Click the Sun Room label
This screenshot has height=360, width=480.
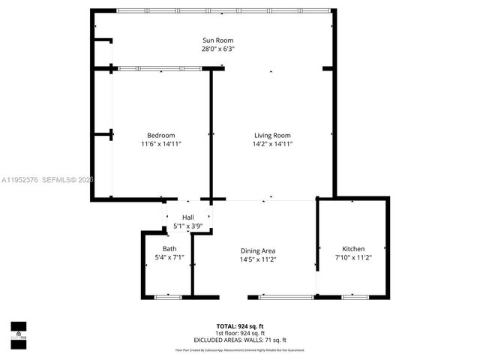218,40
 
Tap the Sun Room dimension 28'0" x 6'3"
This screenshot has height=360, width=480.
218,49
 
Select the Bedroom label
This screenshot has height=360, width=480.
160,135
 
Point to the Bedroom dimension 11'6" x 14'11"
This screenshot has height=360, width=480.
160,144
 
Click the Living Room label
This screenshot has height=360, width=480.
271,135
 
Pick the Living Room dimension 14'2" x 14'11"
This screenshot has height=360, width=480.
271,144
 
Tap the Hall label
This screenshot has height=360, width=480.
187,217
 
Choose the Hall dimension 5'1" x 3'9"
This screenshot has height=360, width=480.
187,225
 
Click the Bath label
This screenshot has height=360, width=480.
169,249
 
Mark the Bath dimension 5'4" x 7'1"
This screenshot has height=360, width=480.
169,258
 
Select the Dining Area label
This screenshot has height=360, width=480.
258,250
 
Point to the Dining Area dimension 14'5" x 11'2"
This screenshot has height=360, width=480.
258,259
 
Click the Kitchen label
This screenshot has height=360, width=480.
353,249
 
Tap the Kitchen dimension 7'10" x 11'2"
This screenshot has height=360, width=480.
353,258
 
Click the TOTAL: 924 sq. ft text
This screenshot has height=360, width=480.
241,326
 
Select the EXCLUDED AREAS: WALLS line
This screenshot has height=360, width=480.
241,340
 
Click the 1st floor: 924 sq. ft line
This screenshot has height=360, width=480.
241,333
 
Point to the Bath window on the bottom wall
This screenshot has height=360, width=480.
168,298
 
